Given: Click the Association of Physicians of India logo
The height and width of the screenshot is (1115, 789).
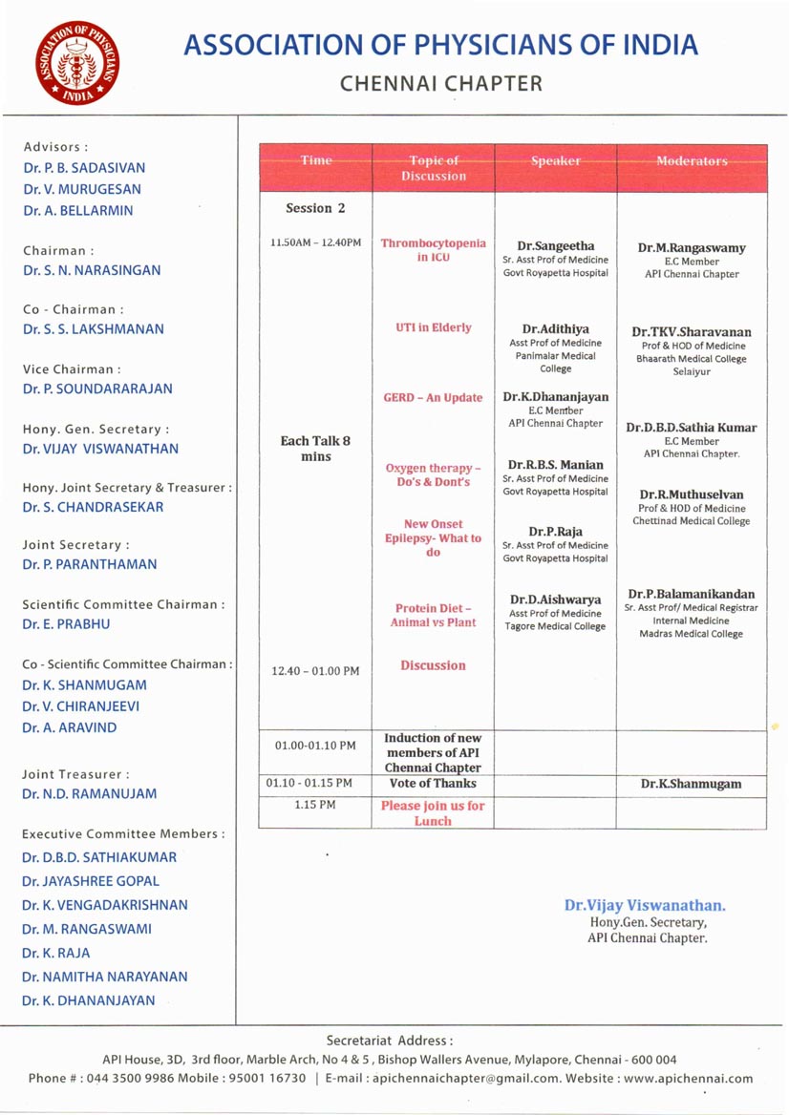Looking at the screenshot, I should click(75, 63).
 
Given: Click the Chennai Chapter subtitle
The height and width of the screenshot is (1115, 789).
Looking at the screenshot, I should click(440, 84).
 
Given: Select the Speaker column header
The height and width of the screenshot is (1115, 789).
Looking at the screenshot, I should click(555, 161).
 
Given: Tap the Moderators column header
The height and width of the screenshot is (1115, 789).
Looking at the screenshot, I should click(692, 161).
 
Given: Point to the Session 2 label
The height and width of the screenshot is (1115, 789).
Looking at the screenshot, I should click(315, 208).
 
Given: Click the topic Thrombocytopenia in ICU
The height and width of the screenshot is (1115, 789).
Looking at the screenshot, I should click(433, 250).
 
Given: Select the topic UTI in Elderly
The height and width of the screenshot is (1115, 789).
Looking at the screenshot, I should click(433, 327).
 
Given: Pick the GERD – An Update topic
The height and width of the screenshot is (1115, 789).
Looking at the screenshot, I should click(433, 397).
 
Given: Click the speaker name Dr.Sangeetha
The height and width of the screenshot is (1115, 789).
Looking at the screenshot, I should click(555, 245).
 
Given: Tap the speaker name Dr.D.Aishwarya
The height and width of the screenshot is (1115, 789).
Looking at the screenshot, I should click(555, 600).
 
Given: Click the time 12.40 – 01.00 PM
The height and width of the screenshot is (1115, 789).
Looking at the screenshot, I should click(315, 671).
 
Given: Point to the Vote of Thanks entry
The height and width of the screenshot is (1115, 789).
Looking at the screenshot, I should click(433, 784).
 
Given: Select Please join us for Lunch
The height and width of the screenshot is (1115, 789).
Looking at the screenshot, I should click(433, 813).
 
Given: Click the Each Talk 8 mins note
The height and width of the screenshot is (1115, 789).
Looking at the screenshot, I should click(315, 449).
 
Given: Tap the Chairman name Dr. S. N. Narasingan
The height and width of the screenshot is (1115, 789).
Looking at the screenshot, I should click(92, 270).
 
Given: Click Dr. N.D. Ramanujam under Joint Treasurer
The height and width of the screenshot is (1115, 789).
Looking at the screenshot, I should click(90, 793).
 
